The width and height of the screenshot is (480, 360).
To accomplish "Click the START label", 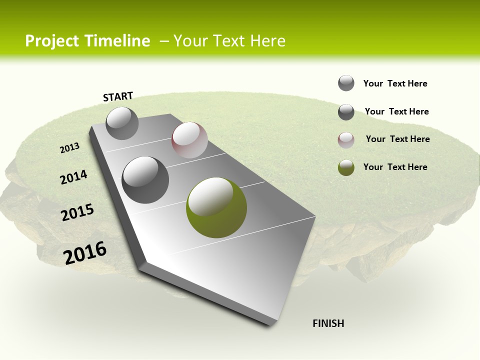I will pos(118,96).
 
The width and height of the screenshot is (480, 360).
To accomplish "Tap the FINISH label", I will pos(328,323).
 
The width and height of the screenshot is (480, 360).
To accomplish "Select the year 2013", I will pos(70,147).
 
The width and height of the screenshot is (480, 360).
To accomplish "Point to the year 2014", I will pos(74,177).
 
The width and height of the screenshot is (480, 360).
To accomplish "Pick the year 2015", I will pos(77,212).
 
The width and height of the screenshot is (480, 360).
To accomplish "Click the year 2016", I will pos(85,252).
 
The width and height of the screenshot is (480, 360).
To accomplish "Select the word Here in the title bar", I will pos(267,41).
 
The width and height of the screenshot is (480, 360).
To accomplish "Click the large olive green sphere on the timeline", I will pos(216,207).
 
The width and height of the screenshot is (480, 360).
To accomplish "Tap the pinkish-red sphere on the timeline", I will pos(189,140).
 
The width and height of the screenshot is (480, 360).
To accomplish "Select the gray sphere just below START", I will pos(122,123).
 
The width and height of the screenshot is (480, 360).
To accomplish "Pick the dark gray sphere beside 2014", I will pos(145,179).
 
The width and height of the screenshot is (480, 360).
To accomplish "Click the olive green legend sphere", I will pos(346,167).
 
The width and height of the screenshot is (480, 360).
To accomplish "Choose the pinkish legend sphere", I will pos(346,140).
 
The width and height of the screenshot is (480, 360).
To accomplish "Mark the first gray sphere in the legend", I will pos(346,83).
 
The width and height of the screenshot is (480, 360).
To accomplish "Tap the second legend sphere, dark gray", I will pos(346,112).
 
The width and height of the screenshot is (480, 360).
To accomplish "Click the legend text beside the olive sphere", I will pos(395,167).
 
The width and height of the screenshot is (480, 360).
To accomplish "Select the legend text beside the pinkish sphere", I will pos(397,139).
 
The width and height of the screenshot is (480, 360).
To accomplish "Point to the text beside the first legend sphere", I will pos(395,83).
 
